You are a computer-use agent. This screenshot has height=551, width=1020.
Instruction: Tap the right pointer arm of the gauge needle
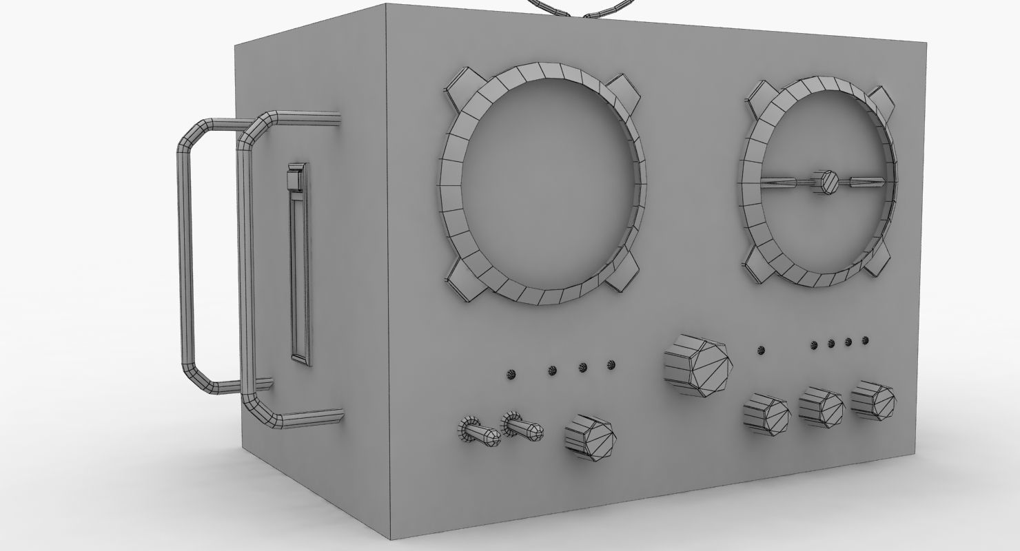click(x=868, y=183)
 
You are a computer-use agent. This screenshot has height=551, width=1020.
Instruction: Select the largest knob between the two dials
click(x=697, y=364)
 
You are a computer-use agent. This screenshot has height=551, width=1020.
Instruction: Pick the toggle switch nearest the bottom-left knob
click(x=524, y=428)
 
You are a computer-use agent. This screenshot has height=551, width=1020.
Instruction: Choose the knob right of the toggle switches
click(x=590, y=437)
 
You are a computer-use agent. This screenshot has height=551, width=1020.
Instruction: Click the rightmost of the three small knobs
click(x=873, y=399)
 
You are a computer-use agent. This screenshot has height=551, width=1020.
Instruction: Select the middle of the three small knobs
click(x=822, y=408)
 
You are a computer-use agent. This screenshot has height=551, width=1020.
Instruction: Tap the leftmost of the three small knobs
click(x=766, y=416)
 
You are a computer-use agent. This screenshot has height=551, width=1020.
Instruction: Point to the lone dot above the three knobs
click(x=761, y=351)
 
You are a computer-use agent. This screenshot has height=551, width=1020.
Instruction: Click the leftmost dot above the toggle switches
click(x=511, y=374)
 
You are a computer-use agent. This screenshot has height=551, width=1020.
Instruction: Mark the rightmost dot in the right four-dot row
click(x=866, y=340)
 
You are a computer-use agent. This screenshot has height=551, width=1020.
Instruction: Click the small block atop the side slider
click(x=295, y=178)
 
